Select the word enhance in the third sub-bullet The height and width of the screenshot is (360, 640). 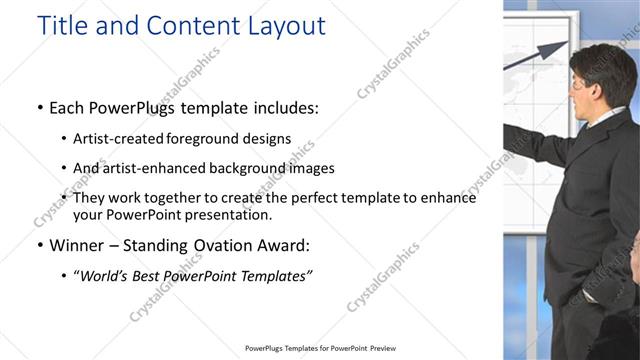pos(448,198)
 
